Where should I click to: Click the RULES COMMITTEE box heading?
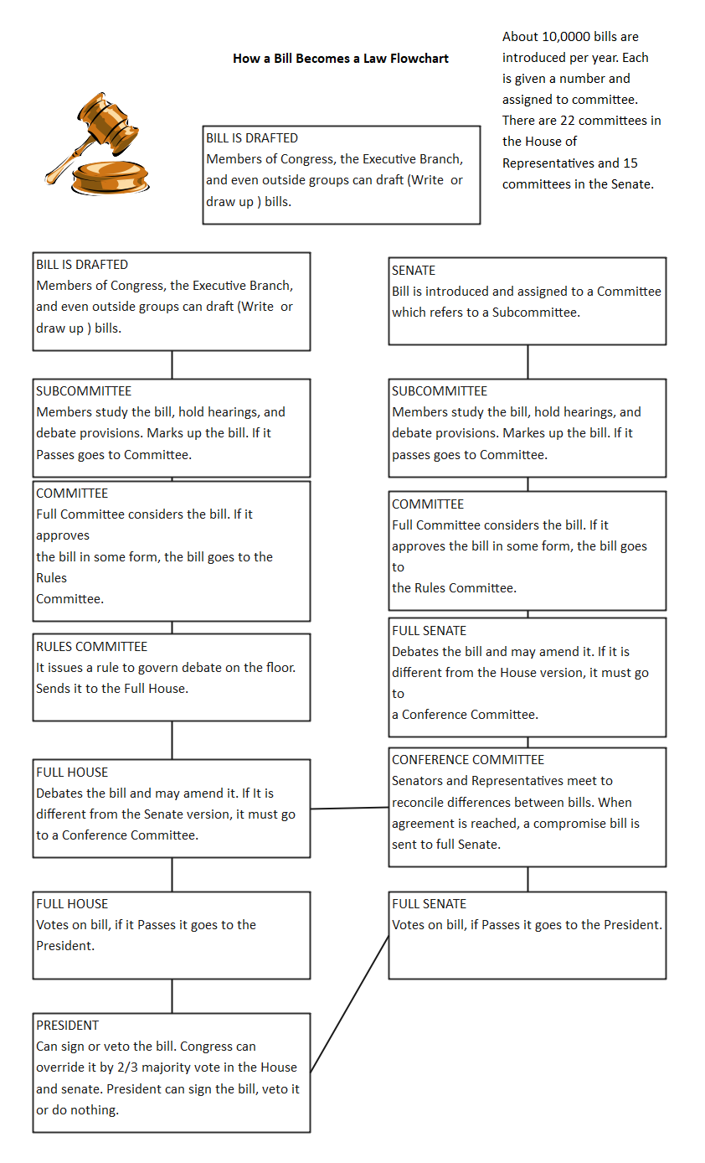pyautogui.click(x=91, y=647)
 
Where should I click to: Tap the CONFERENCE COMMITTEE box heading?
pyautogui.click(x=468, y=760)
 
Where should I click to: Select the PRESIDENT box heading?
pyautogui.click(x=67, y=1026)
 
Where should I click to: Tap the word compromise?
pyautogui.click(x=569, y=824)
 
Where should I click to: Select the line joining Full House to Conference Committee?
pyautogui.click(x=349, y=809)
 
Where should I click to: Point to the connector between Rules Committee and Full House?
pyautogui.click(x=172, y=740)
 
